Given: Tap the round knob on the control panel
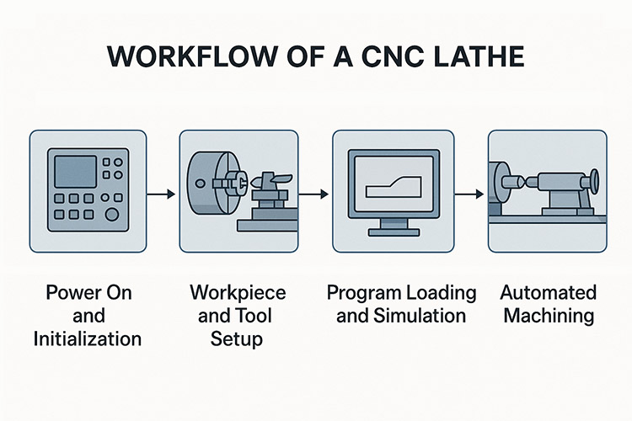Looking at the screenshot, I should coord(112,214).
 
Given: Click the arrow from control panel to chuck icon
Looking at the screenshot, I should coord(160,195).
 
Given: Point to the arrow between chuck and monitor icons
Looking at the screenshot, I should coord(313,195).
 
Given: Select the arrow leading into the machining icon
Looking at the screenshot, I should coord(469,195).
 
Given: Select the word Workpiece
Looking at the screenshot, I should coord(238,293).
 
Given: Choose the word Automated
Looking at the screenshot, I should coord(548,293).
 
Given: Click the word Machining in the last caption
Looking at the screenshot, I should coord(548,316).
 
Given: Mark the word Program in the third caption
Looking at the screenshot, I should coord(362,293).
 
